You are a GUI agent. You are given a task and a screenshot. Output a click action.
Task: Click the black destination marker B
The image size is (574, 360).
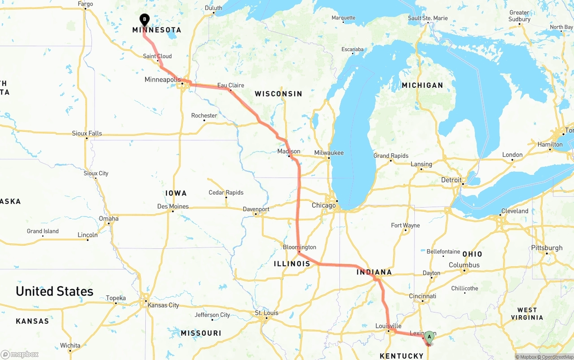coord(144,19)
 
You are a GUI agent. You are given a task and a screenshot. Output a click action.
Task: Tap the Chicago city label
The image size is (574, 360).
coord(324,205)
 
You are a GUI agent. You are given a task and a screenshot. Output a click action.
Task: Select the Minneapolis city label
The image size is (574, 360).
coord(162,80)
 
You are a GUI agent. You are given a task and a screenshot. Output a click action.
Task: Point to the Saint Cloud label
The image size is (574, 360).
coord(157,56)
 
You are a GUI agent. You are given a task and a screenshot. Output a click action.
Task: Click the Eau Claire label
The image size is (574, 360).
coord(230,85)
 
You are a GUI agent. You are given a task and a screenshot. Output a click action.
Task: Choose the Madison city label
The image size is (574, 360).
coord(289,152)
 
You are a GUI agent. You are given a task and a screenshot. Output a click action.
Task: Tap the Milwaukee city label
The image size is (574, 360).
coord(329,153)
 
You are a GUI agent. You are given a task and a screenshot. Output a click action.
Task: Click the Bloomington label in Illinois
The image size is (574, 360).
coord(300,247)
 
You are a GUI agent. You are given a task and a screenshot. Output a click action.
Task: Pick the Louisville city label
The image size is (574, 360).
coord(388,326)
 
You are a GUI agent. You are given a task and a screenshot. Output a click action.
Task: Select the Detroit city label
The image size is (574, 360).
coord(451,180)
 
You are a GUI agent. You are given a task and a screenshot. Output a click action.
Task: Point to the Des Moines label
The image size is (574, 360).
coord(173,207)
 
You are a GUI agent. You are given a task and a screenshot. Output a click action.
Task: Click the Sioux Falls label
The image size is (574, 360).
coord(87,133)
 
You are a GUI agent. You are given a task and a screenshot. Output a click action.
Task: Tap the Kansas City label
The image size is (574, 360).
coord(163,305)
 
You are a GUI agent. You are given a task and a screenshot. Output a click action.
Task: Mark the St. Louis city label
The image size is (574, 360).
coord(266,313)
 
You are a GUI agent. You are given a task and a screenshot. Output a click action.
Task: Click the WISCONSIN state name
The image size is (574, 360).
coord(278,94)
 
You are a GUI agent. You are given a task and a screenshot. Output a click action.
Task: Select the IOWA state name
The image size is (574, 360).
coord(176,193)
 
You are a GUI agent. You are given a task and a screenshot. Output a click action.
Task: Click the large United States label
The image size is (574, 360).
coord(55,291)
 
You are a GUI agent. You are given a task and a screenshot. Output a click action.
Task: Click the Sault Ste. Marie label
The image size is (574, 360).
coord(428,18)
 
